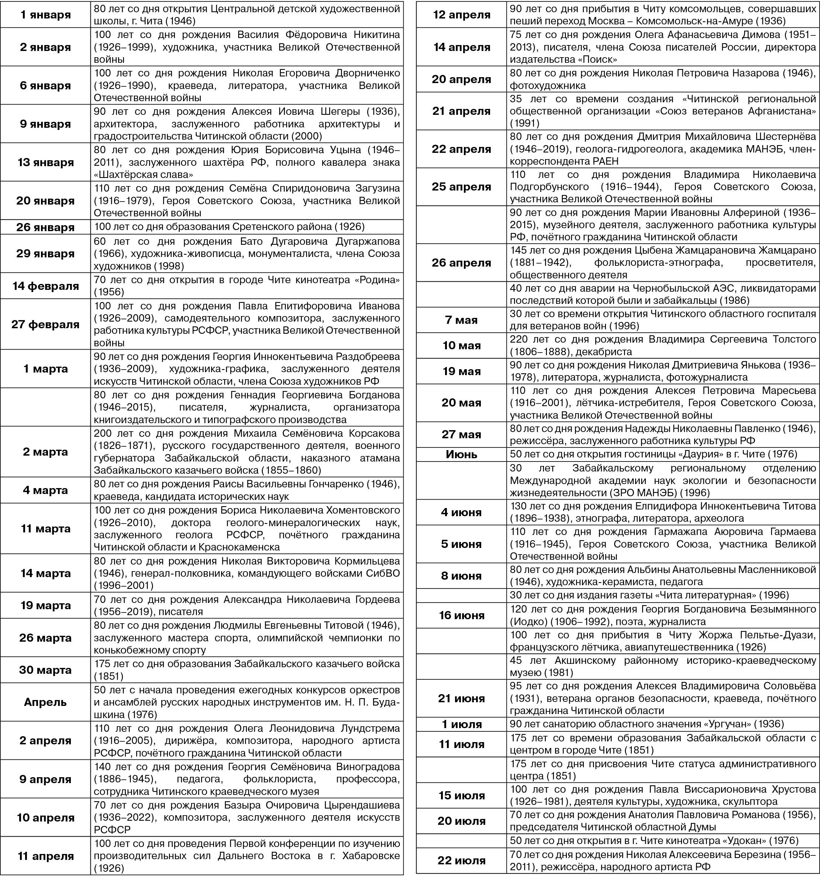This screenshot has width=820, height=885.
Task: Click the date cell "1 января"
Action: (45, 15)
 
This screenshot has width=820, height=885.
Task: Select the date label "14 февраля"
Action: (45, 286)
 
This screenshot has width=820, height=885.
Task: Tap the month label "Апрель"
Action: (45, 702)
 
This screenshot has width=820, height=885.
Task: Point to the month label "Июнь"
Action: (461, 454)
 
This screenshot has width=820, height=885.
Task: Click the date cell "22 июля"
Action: (461, 860)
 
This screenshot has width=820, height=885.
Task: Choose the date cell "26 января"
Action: (45, 227)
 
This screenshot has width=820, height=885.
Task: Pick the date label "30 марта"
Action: (45, 670)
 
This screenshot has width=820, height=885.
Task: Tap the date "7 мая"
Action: (461, 320)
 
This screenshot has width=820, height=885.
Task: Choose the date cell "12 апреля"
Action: (461, 15)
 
